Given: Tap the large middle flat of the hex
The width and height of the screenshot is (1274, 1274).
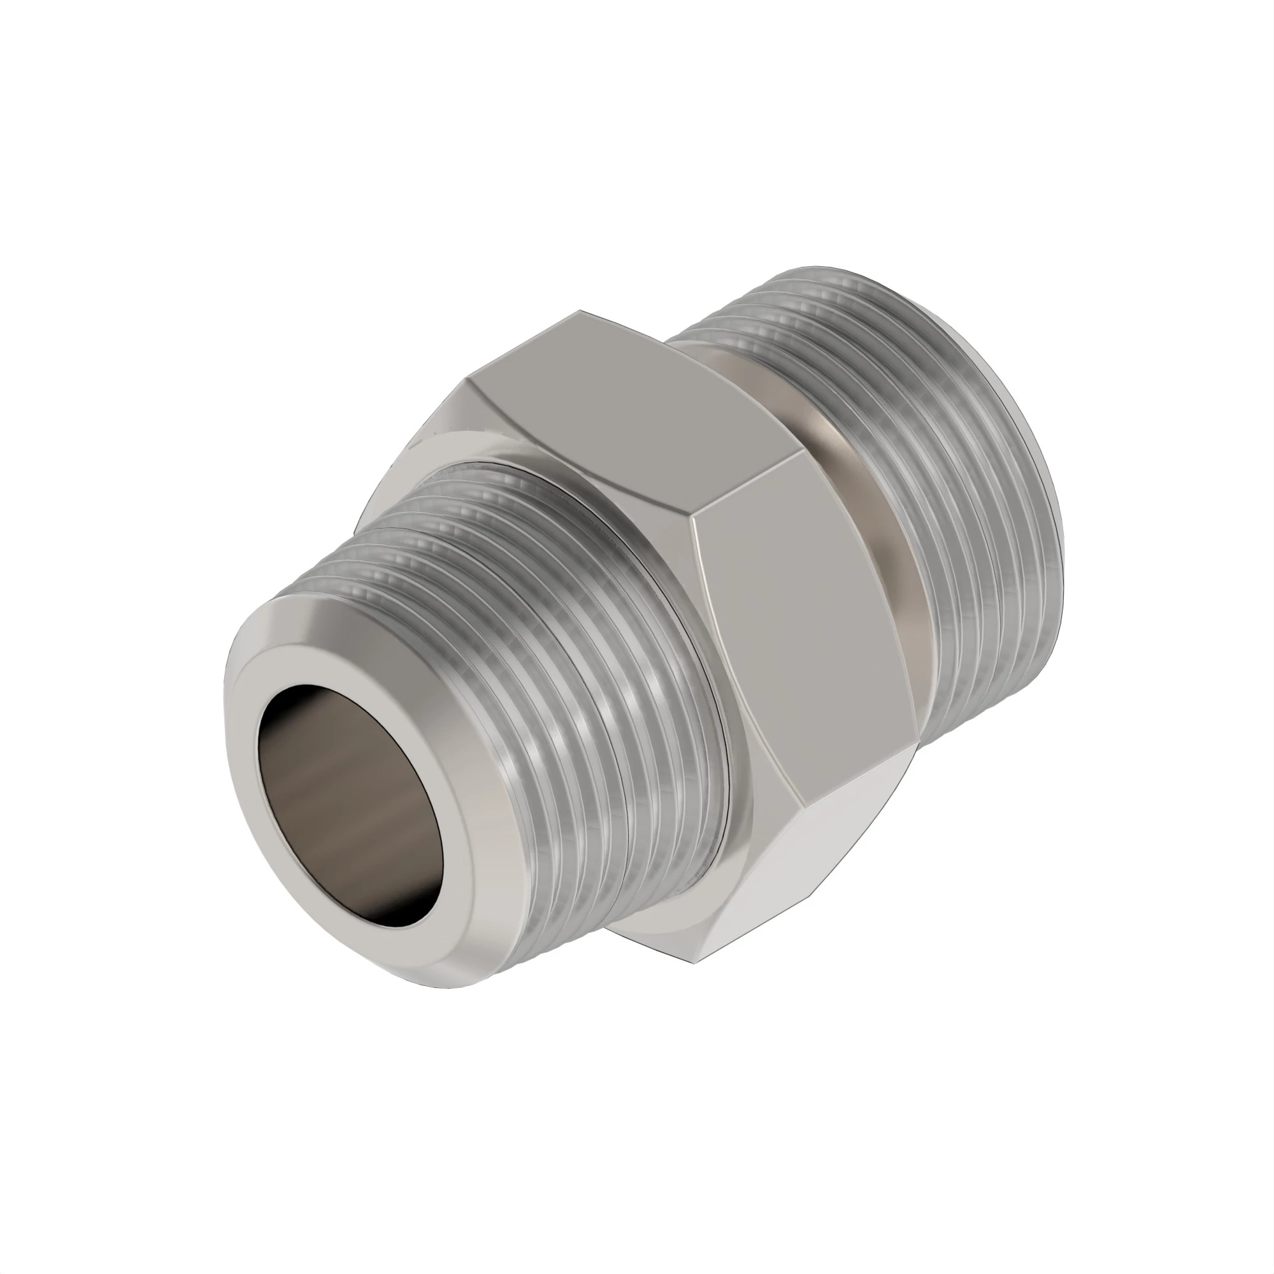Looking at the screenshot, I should point(805,633).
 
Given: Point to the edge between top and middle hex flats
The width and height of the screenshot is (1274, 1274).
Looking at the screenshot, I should point(745,482).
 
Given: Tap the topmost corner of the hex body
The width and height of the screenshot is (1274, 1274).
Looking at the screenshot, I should point(580,311).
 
